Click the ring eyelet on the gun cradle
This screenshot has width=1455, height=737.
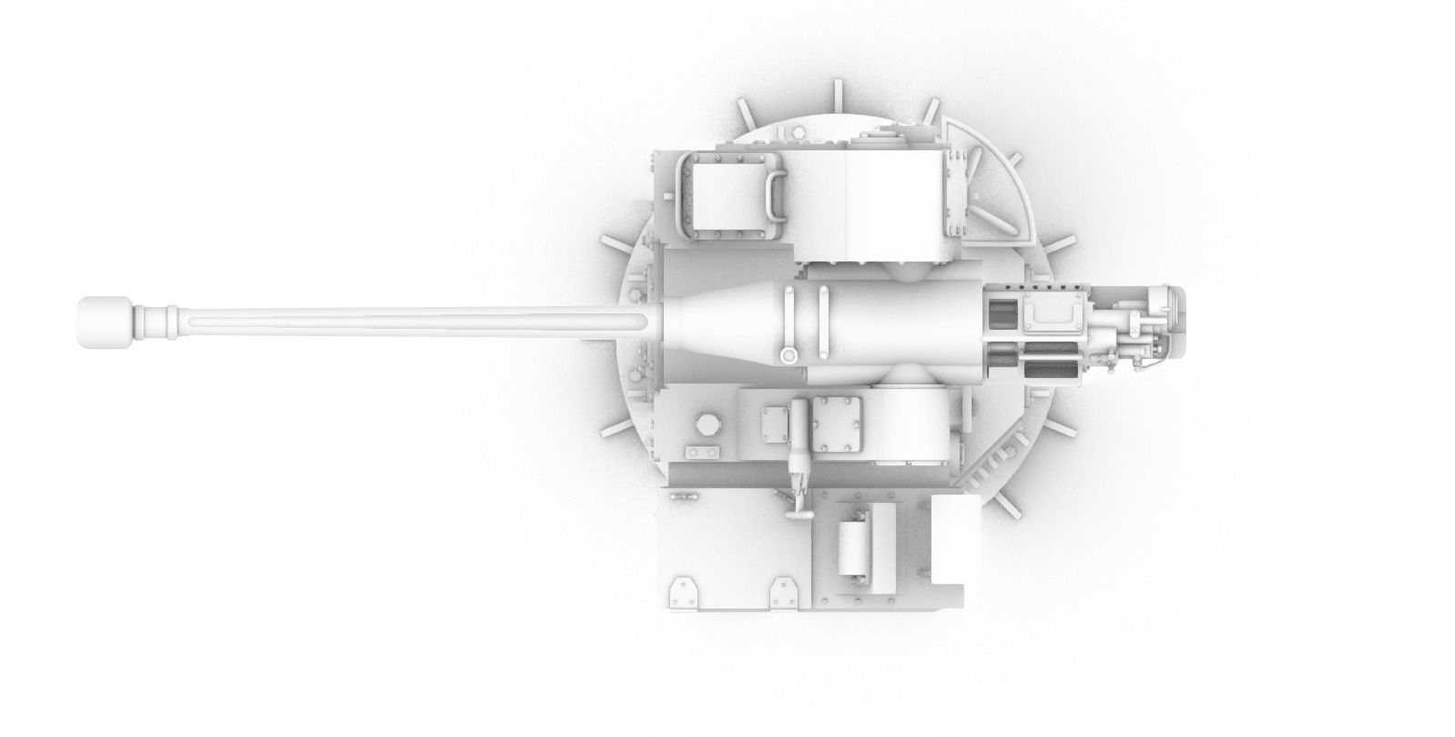[x=789, y=354]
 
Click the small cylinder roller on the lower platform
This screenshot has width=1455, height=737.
[x=854, y=548]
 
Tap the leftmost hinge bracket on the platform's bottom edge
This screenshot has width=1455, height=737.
[x=682, y=595]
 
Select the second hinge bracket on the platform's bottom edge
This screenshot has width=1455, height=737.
[x=782, y=595]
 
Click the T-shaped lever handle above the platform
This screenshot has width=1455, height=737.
[x=799, y=496]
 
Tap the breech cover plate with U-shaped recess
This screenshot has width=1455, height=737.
[x=1052, y=314]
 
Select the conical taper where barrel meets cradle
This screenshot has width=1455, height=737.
[x=719, y=322]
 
